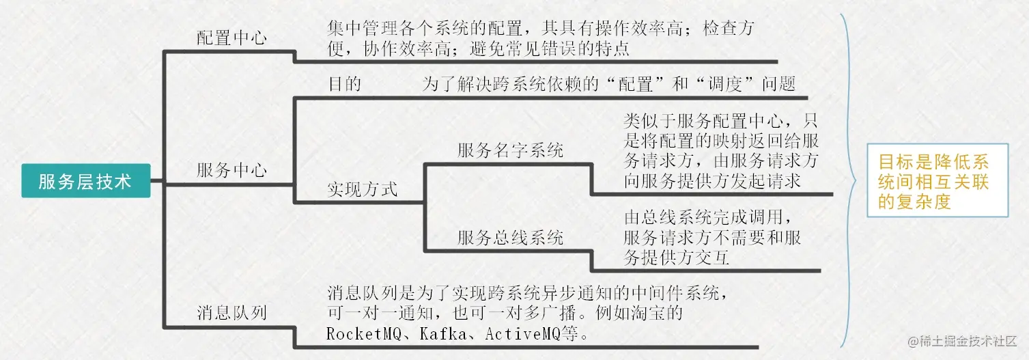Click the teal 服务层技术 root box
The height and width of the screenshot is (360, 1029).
(85, 181)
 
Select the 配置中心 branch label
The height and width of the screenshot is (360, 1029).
(231, 38)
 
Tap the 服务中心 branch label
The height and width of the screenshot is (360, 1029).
(231, 170)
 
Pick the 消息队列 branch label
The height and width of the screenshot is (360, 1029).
(231, 313)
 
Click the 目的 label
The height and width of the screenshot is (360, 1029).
(345, 84)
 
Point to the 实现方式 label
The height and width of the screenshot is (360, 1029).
(362, 189)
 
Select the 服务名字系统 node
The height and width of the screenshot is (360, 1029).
(510, 150)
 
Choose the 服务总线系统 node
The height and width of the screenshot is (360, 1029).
(510, 238)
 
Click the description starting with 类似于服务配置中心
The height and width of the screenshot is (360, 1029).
(721, 152)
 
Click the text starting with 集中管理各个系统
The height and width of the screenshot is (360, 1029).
(539, 39)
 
